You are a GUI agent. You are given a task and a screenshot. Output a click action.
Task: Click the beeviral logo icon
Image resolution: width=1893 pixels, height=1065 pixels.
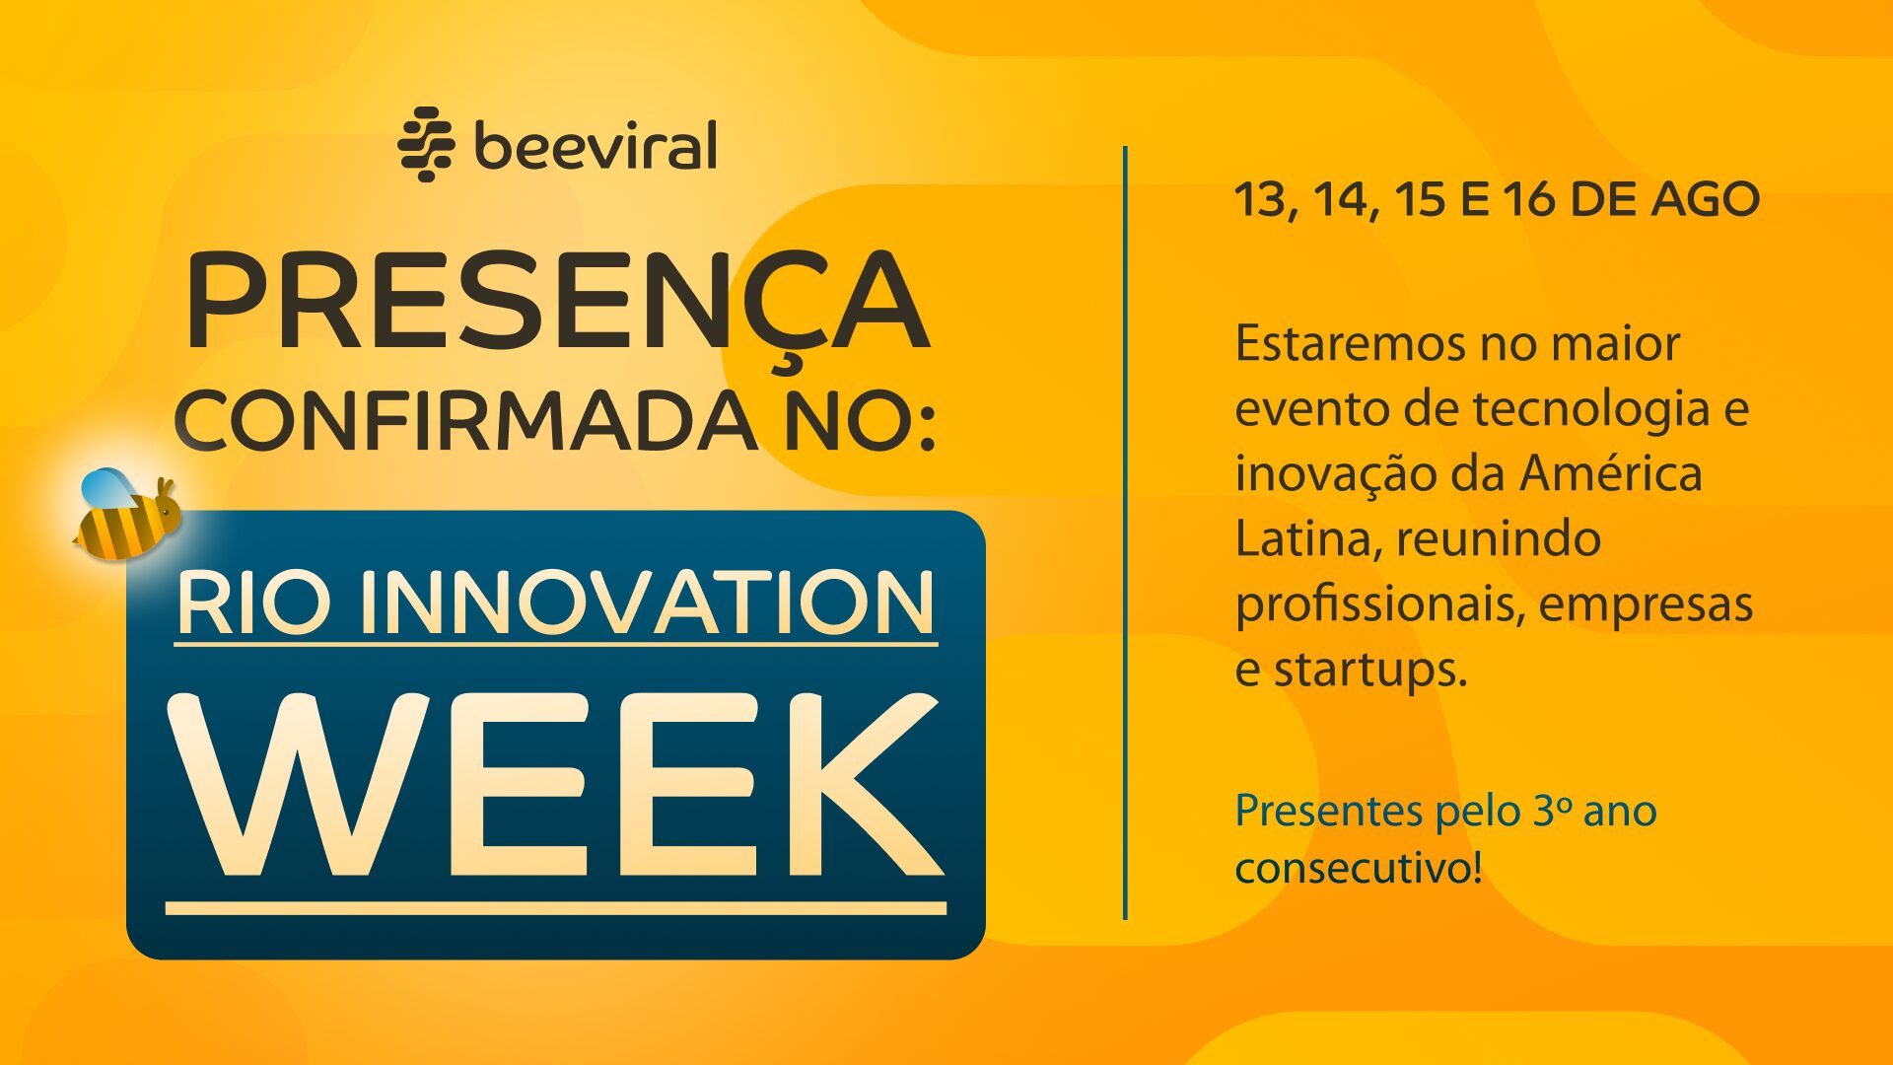coord(426,144)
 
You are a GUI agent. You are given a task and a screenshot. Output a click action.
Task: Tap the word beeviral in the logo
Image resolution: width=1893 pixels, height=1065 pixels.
coord(596,146)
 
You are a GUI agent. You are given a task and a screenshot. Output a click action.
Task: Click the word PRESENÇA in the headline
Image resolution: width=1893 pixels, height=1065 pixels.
coord(557,303)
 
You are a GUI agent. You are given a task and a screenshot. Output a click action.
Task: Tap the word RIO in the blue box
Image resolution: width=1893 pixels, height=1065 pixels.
coord(252,603)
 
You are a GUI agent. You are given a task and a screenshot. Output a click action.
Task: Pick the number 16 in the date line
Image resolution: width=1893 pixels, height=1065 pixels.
coord(1528,200)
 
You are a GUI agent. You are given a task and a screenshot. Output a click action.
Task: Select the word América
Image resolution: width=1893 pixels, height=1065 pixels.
coord(1611,472)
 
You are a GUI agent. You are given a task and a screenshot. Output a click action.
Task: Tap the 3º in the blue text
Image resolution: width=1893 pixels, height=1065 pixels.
coord(1552,811)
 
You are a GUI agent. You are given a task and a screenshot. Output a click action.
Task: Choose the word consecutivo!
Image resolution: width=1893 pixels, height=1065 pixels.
coord(1359,868)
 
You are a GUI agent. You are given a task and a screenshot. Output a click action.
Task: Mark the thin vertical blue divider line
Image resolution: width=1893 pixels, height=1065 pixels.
coord(1125,532)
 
